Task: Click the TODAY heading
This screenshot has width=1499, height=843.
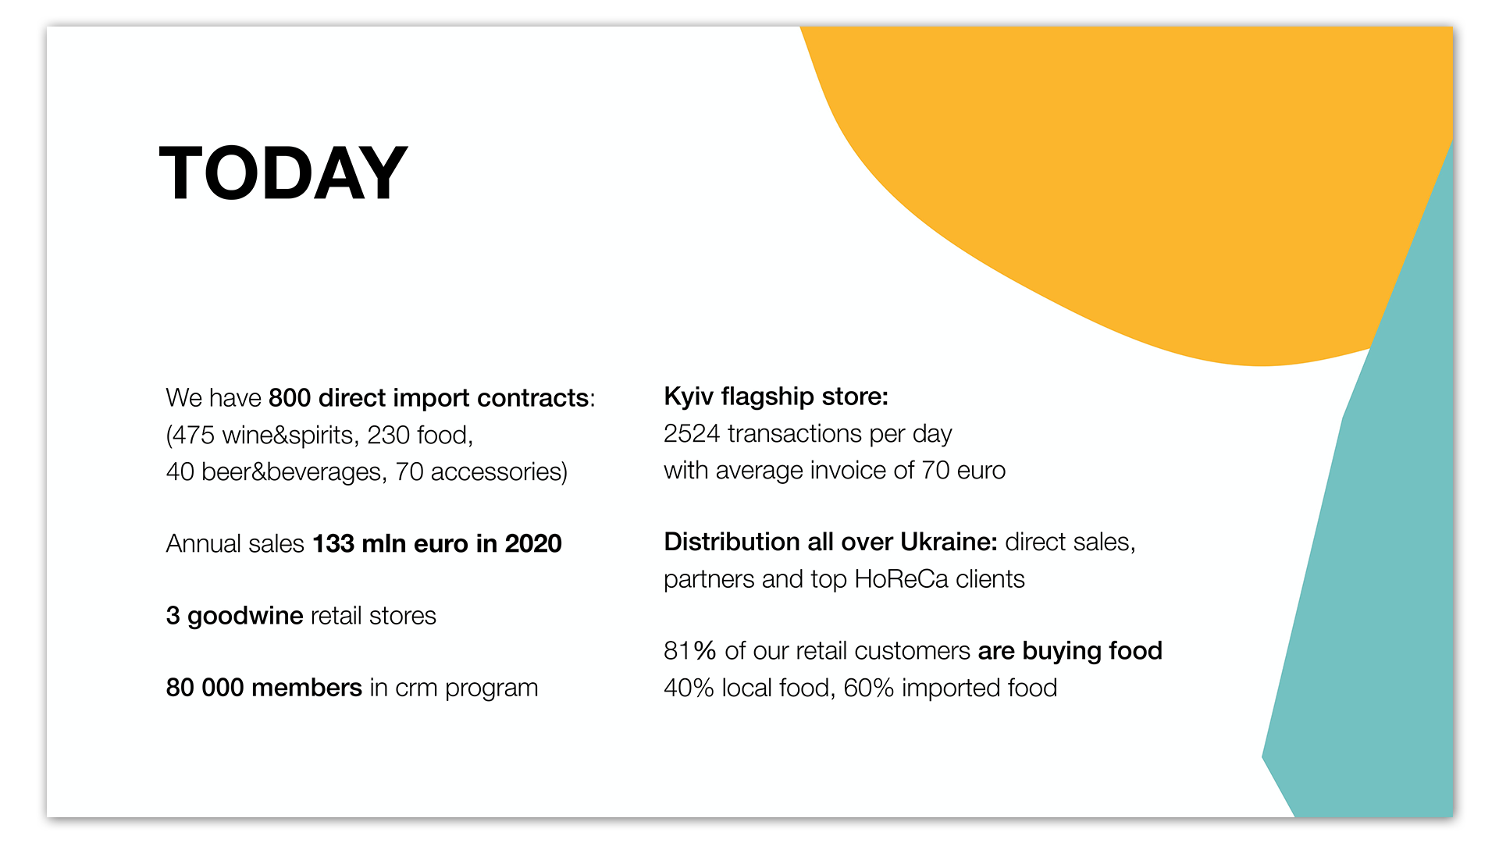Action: (x=283, y=173)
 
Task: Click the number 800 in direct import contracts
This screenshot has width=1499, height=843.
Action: (x=290, y=398)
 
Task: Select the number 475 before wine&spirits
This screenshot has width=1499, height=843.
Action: (x=193, y=435)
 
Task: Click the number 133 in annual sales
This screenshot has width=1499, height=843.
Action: (x=333, y=543)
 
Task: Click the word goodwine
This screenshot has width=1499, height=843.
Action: (x=245, y=617)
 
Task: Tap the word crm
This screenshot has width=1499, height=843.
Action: (x=416, y=688)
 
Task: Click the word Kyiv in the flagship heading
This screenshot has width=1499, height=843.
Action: (x=689, y=397)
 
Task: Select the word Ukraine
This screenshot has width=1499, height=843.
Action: (x=949, y=542)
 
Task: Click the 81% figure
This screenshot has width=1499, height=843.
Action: (x=689, y=651)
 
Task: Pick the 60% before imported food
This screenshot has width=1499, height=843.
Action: (x=868, y=688)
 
